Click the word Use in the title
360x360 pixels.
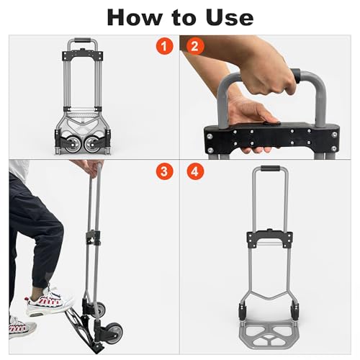(x=230, y=17)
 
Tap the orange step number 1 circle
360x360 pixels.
(x=164, y=46)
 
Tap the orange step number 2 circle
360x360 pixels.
(x=194, y=46)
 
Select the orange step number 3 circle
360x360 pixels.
(x=164, y=171)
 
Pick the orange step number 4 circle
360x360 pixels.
(x=195, y=171)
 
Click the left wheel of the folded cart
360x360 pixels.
(x=71, y=145)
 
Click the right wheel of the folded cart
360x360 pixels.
(x=92, y=145)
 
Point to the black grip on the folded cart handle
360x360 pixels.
(x=83, y=40)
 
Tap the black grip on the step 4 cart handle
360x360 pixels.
(x=270, y=168)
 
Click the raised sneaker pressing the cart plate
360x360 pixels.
(x=49, y=301)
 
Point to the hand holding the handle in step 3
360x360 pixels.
(x=92, y=168)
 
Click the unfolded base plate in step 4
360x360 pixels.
(x=269, y=336)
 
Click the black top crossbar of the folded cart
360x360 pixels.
(x=83, y=55)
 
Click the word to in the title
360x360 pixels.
(x=184, y=18)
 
